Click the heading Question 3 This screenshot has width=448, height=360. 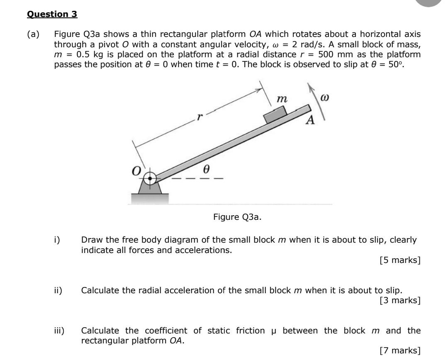coord(52,14)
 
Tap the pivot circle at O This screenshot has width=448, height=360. coord(151,178)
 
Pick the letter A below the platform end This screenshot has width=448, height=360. coord(310,121)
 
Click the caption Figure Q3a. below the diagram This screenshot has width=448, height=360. coord(237,217)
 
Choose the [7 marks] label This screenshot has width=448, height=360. coord(400,351)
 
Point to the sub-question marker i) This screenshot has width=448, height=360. coord(57,240)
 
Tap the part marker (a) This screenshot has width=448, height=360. coord(33,35)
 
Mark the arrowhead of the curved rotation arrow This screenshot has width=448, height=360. coord(309,87)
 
